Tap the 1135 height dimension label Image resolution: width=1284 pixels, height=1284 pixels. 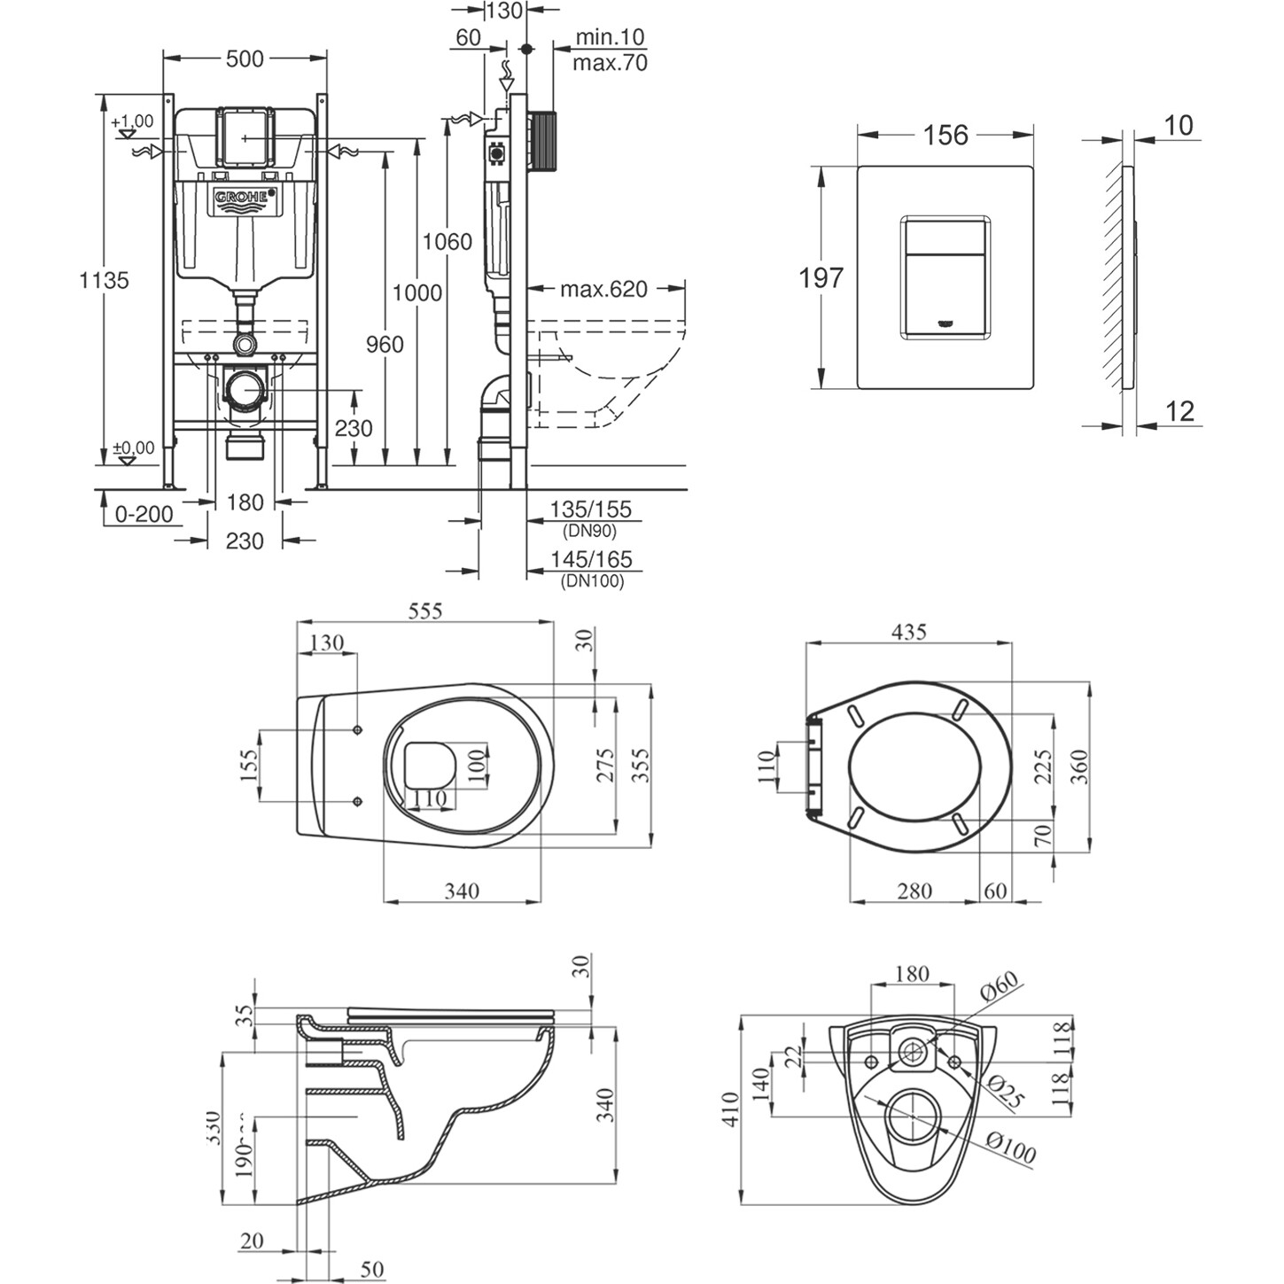[105, 280]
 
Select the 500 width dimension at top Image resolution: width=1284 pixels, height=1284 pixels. [245, 58]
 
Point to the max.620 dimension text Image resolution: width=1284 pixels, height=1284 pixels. [603, 289]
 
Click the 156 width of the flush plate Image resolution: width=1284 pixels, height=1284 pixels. [945, 135]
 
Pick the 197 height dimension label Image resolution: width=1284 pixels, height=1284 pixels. [821, 278]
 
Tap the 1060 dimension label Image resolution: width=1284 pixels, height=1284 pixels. [447, 241]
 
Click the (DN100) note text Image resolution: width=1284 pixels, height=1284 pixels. [593, 581]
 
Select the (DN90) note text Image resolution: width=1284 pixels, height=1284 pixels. [589, 532]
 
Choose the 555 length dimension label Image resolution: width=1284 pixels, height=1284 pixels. [424, 611]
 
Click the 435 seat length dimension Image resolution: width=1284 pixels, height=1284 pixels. [908, 632]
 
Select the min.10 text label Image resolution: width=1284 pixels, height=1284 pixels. [610, 37]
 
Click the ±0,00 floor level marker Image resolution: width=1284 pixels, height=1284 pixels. [133, 448]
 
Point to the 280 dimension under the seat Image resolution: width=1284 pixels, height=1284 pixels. [914, 890]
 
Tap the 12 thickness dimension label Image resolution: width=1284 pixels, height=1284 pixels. [1179, 411]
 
